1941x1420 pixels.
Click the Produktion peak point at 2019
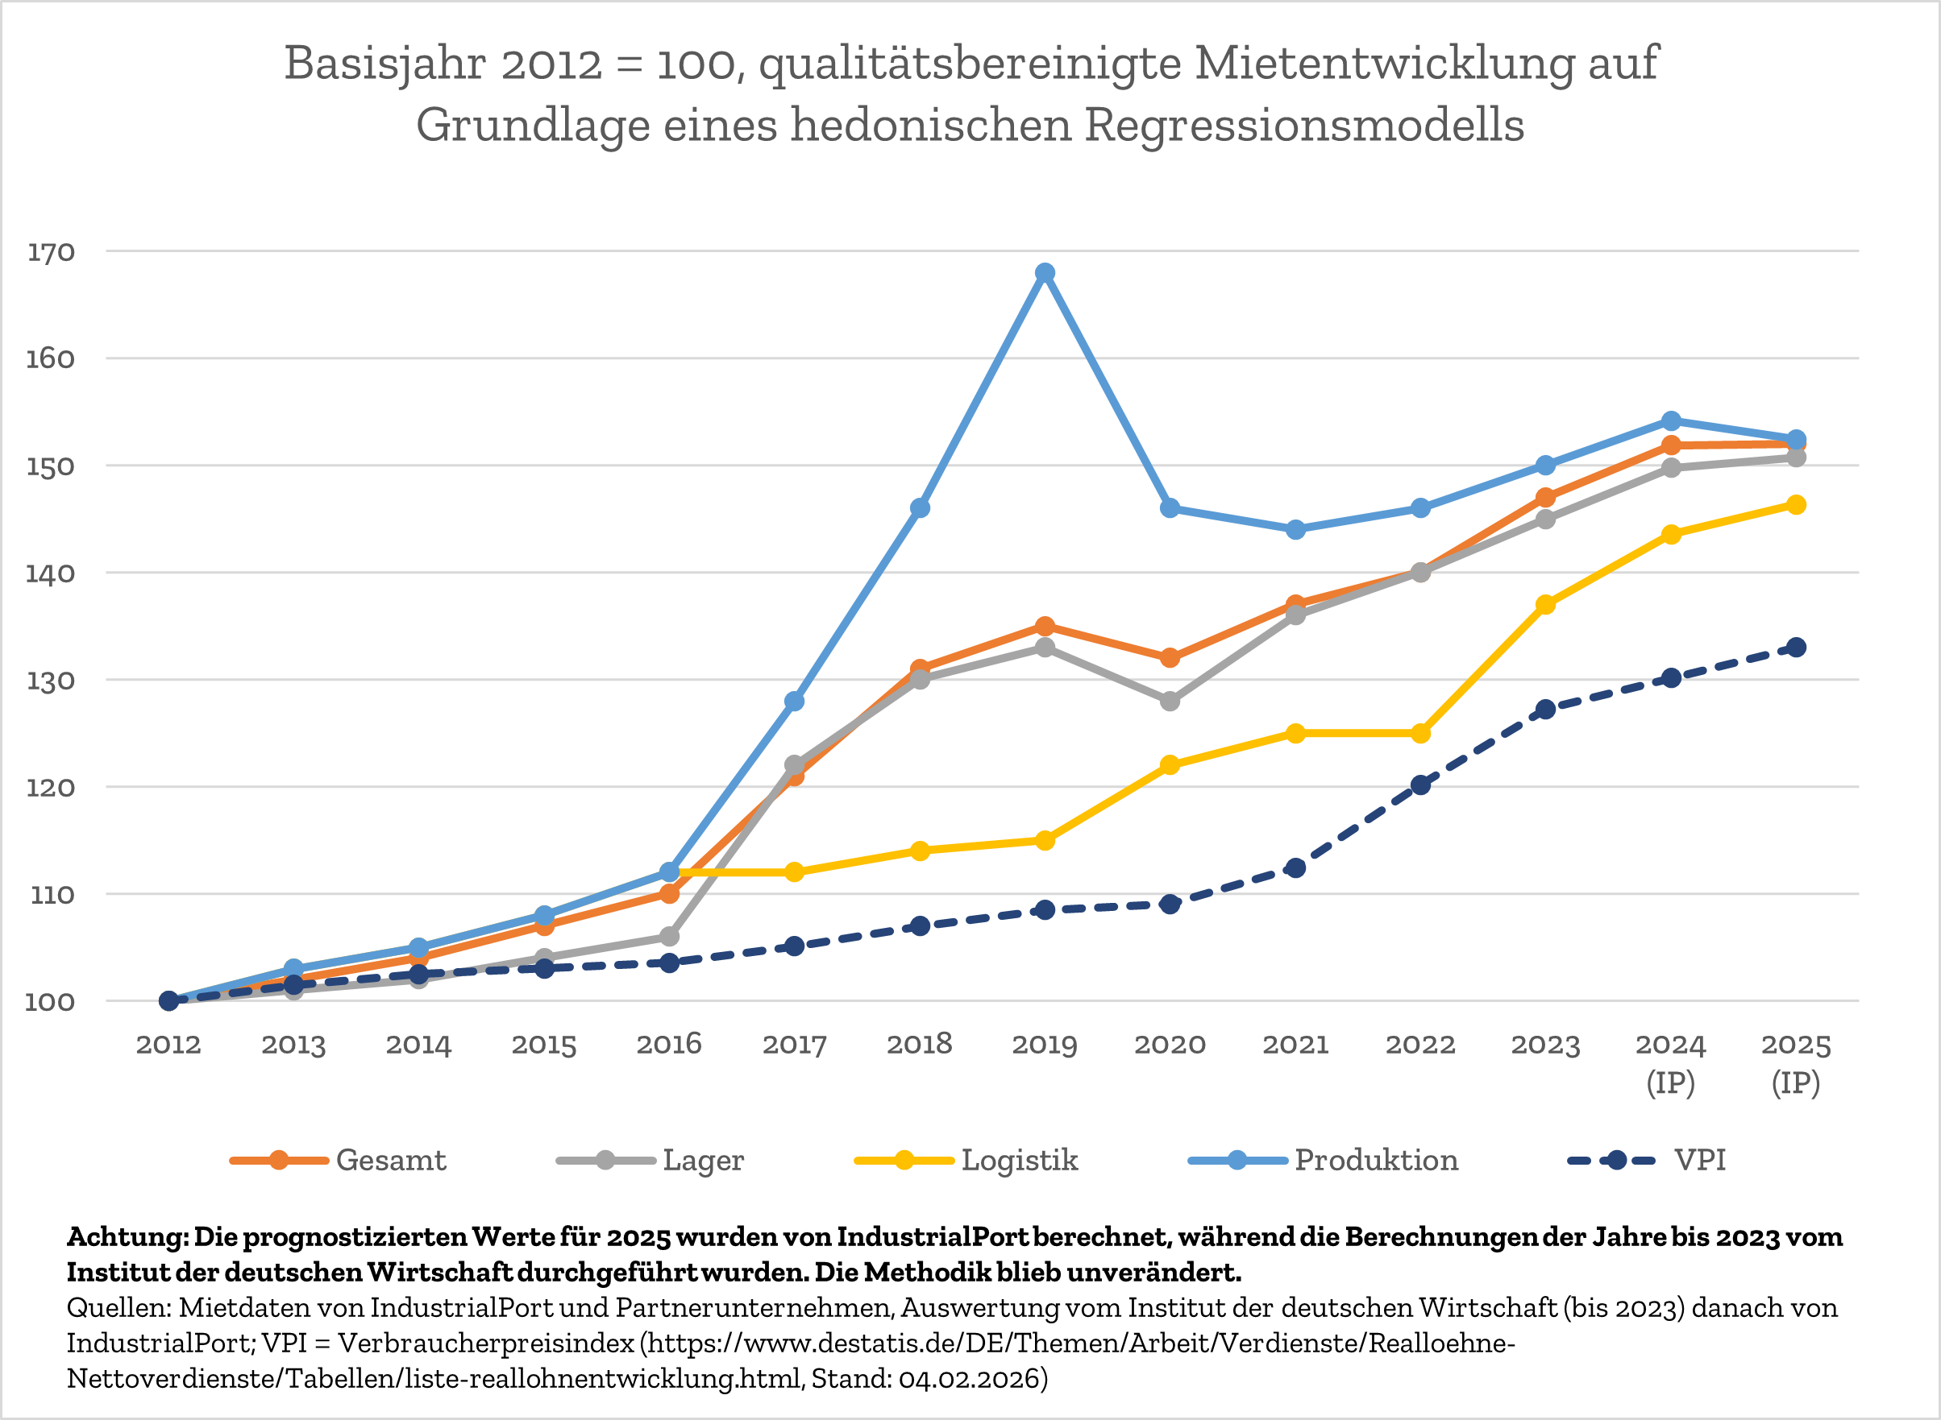click(1045, 273)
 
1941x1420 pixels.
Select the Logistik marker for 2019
click(1045, 841)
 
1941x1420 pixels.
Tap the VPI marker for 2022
click(1421, 785)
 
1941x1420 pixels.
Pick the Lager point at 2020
click(1170, 702)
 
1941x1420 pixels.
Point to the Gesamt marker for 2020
click(1170, 658)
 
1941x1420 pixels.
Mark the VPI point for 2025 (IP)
click(1797, 648)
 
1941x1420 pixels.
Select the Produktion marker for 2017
click(795, 702)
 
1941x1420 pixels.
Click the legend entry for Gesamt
click(390, 1161)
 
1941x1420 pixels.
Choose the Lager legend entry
click(703, 1161)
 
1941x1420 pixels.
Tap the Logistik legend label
click(1019, 1161)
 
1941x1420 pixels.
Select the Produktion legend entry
click(1376, 1161)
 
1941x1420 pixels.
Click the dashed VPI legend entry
click(1698, 1161)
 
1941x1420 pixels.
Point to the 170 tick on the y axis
click(52, 253)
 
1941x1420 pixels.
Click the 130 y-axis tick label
click(52, 681)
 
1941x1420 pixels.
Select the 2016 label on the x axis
click(669, 1045)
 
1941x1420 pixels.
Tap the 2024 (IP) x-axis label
click(1670, 1062)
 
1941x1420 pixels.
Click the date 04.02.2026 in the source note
click(969, 1379)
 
